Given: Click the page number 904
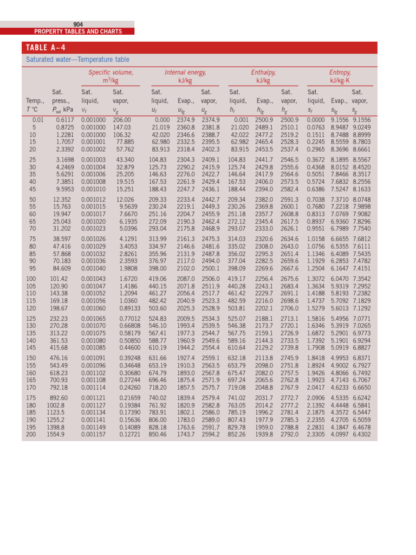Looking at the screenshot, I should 78,24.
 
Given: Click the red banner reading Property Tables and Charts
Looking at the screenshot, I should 78,31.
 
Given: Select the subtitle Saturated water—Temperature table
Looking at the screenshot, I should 78,60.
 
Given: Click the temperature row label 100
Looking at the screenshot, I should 31,279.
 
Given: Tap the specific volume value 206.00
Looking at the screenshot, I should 122,120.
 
